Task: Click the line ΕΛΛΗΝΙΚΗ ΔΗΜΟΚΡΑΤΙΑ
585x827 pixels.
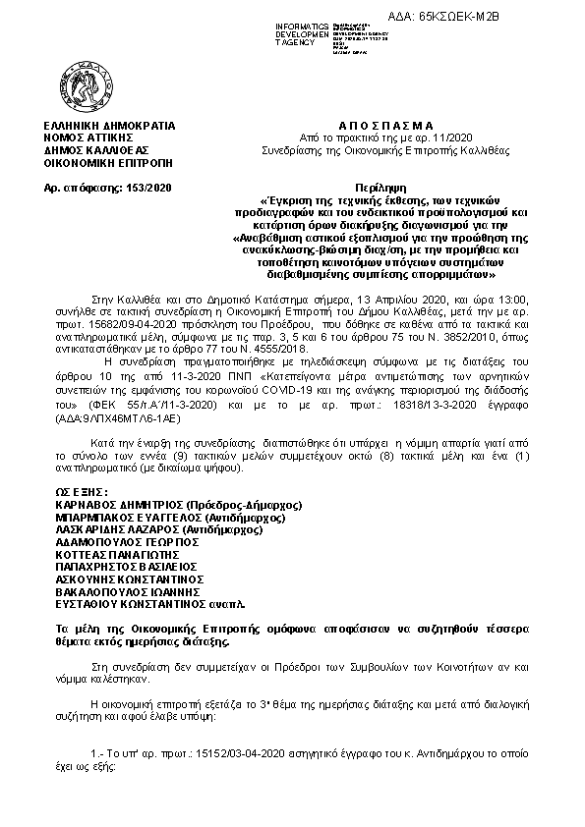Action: pos(103,127)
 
